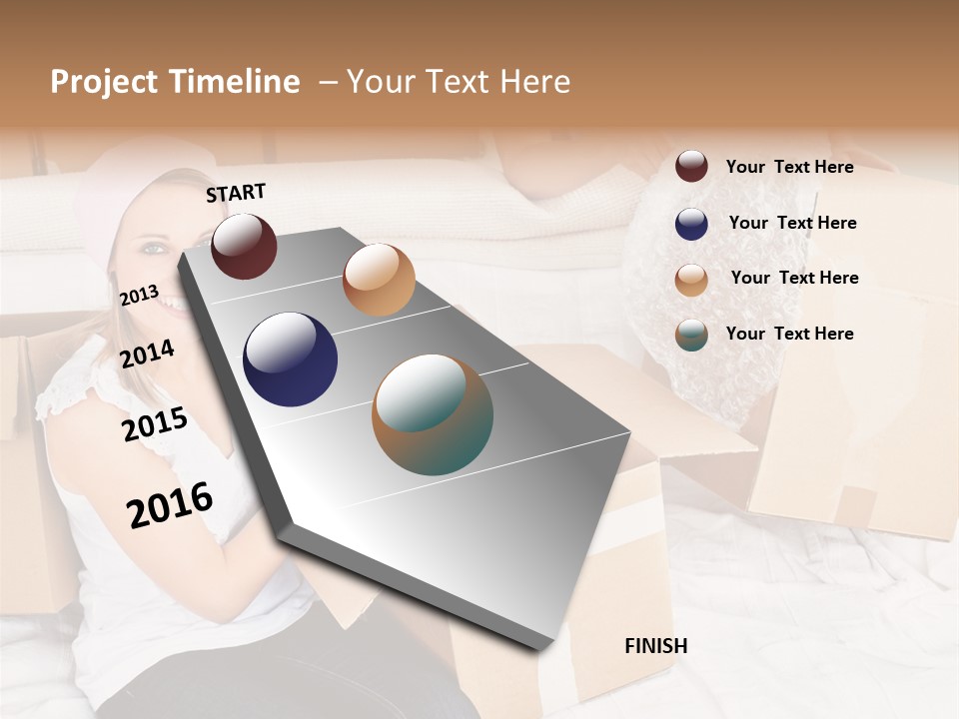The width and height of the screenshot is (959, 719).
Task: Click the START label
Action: pos(236,193)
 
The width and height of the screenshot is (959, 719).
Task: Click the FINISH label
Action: pos(656,646)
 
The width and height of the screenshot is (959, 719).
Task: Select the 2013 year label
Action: pos(139,296)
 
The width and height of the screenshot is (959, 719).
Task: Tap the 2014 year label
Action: pos(147,354)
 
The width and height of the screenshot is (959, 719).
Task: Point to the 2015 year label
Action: pos(155,424)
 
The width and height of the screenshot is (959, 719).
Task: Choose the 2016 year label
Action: pos(170,505)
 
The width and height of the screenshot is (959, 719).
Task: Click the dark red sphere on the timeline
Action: pos(245,246)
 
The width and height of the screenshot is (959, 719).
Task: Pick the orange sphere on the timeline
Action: pos(379,280)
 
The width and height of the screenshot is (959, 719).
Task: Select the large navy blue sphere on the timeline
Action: pos(291,359)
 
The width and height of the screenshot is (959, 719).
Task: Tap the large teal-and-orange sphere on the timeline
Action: pos(433,414)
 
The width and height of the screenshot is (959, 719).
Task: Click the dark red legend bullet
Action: pos(691,167)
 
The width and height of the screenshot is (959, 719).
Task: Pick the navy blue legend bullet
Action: pos(691,224)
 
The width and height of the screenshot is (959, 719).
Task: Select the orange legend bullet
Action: pos(691,279)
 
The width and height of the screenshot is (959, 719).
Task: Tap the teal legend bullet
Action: pos(691,335)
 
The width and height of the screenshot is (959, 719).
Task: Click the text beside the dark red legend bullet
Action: pos(789,167)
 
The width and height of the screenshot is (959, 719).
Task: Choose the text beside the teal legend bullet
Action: pos(789,334)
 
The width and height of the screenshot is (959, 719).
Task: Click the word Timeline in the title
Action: pos(235,82)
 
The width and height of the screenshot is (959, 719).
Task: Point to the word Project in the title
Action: pos(103,82)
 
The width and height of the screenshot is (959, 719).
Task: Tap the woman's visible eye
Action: pos(152,247)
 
